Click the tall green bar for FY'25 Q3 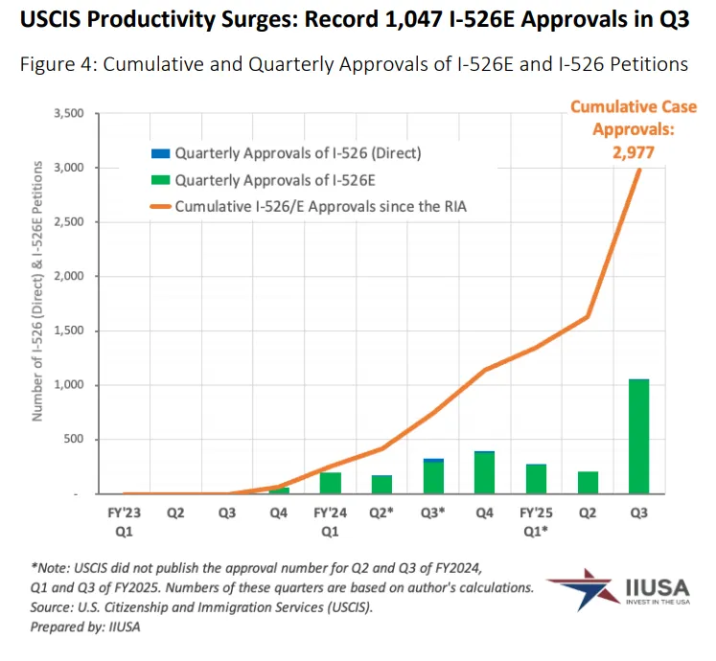click(638, 437)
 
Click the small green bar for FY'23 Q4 click(279, 490)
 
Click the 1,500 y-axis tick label click(68, 330)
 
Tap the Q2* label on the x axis click(381, 513)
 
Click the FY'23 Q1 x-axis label click(125, 521)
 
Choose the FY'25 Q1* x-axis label click(536, 521)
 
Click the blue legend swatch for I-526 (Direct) click(159, 152)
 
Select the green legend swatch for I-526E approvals click(159, 179)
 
